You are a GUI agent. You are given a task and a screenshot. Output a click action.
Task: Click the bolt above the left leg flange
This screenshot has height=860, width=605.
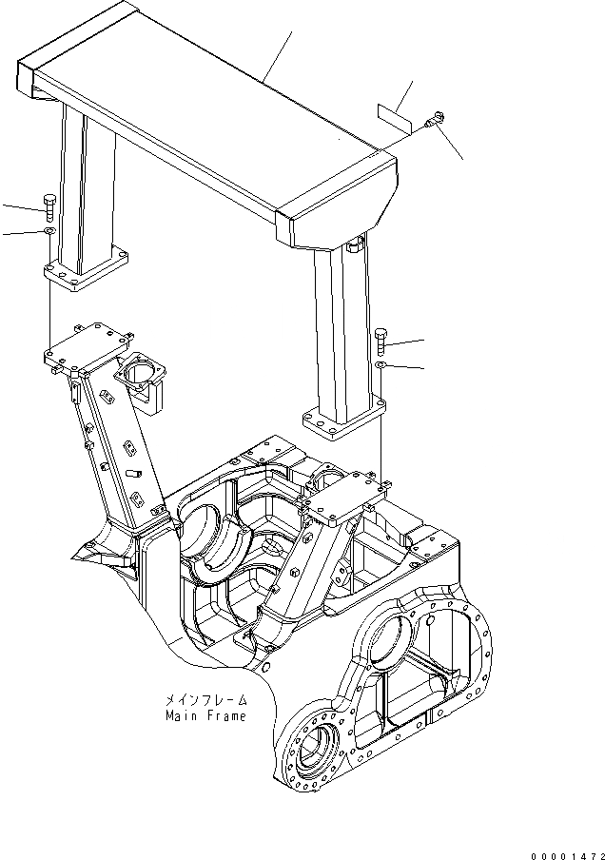[x=49, y=205]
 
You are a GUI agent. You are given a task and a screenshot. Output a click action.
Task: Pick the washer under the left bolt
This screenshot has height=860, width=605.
[x=49, y=231]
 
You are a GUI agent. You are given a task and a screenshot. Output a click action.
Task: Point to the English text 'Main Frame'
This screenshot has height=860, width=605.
[x=205, y=715]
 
